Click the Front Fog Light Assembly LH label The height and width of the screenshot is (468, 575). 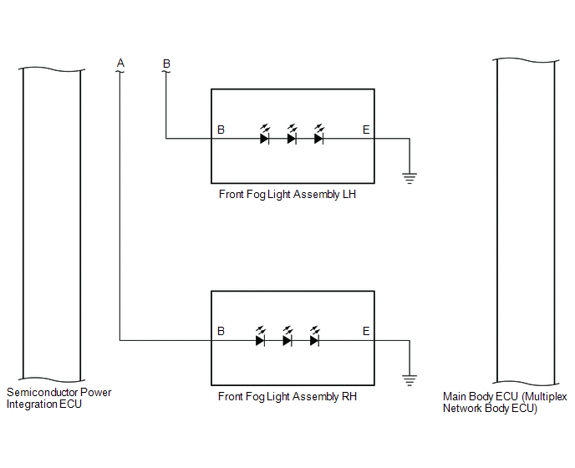point(287,195)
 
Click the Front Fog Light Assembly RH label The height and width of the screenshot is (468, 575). point(287,396)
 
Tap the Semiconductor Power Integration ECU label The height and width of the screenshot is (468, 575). point(59,399)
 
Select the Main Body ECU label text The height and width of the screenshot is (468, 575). point(505,402)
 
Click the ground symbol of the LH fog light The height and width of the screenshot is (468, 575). point(410,178)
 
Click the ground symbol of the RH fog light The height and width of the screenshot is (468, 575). point(410,380)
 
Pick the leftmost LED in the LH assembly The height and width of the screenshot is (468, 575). point(264,135)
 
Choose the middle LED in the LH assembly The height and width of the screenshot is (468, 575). point(292,135)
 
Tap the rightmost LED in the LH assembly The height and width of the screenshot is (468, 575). point(318,135)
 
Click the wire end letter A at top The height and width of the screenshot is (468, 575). point(120,63)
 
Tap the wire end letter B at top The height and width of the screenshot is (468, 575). point(166,64)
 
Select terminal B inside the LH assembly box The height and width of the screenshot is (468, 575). point(221,130)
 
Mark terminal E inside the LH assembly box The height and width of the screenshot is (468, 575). point(366,130)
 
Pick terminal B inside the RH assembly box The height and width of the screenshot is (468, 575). point(221,331)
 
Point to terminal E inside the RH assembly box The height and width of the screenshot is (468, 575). point(366,331)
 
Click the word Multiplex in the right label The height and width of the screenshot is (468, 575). point(544,397)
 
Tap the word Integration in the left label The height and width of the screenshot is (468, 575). point(32,404)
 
